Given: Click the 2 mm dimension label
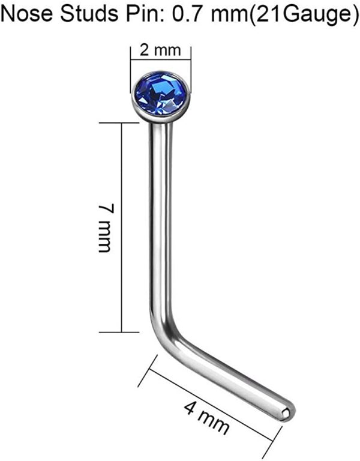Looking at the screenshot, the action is [x=160, y=50].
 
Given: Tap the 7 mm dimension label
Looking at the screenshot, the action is [x=104, y=228].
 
